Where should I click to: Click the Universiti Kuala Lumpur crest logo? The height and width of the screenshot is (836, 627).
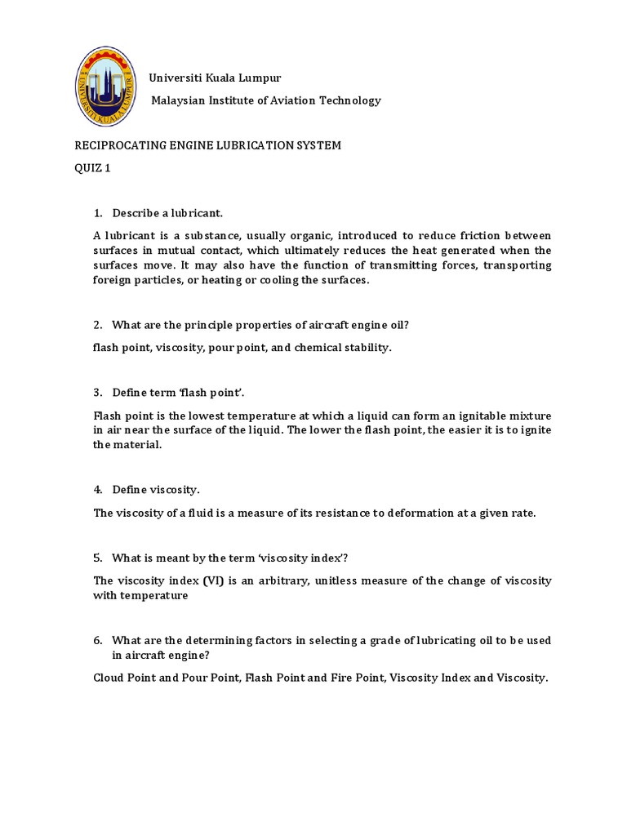[104, 88]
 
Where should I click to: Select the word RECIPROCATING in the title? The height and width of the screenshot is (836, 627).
[110, 145]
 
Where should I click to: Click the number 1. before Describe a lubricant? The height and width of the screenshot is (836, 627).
[98, 213]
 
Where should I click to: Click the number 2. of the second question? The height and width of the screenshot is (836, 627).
[98, 325]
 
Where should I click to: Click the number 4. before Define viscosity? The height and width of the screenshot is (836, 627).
[98, 490]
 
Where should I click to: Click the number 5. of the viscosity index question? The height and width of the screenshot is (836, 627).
[98, 558]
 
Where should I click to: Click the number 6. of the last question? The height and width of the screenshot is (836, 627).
[98, 640]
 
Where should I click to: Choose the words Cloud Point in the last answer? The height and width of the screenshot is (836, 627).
[125, 678]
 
